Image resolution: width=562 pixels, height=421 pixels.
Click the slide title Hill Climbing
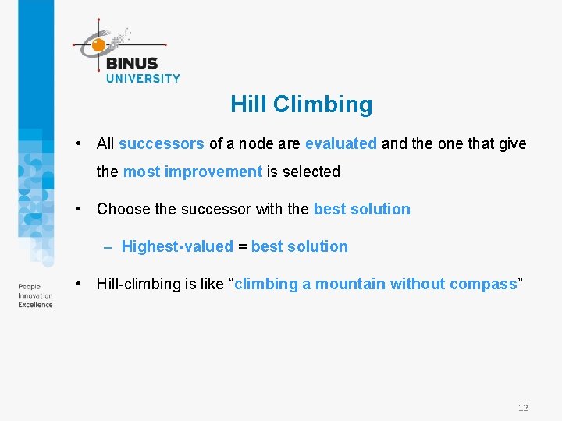click(x=301, y=104)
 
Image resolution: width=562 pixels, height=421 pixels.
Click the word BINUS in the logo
click(x=131, y=64)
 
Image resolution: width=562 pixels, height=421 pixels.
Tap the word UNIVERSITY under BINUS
click(x=143, y=78)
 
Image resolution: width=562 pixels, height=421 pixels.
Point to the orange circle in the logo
click(x=98, y=45)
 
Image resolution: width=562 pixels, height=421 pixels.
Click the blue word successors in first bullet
click(x=162, y=143)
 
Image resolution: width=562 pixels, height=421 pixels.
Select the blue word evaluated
click(x=341, y=143)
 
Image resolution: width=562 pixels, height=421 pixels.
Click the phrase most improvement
click(x=193, y=172)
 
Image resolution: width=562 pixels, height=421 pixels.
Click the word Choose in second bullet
click(x=123, y=209)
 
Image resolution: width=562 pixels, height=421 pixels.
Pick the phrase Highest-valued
click(x=177, y=246)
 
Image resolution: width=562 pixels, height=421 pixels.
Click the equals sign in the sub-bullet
click(x=242, y=246)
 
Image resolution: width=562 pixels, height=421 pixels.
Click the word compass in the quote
click(x=483, y=284)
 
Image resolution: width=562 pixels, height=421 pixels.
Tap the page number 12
click(x=523, y=408)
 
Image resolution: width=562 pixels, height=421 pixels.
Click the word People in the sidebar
click(x=29, y=287)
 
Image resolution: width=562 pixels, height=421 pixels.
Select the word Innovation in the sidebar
click(x=35, y=295)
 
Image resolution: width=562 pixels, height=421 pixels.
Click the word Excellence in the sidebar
click(x=35, y=305)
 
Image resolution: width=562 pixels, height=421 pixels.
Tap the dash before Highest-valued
click(x=108, y=246)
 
